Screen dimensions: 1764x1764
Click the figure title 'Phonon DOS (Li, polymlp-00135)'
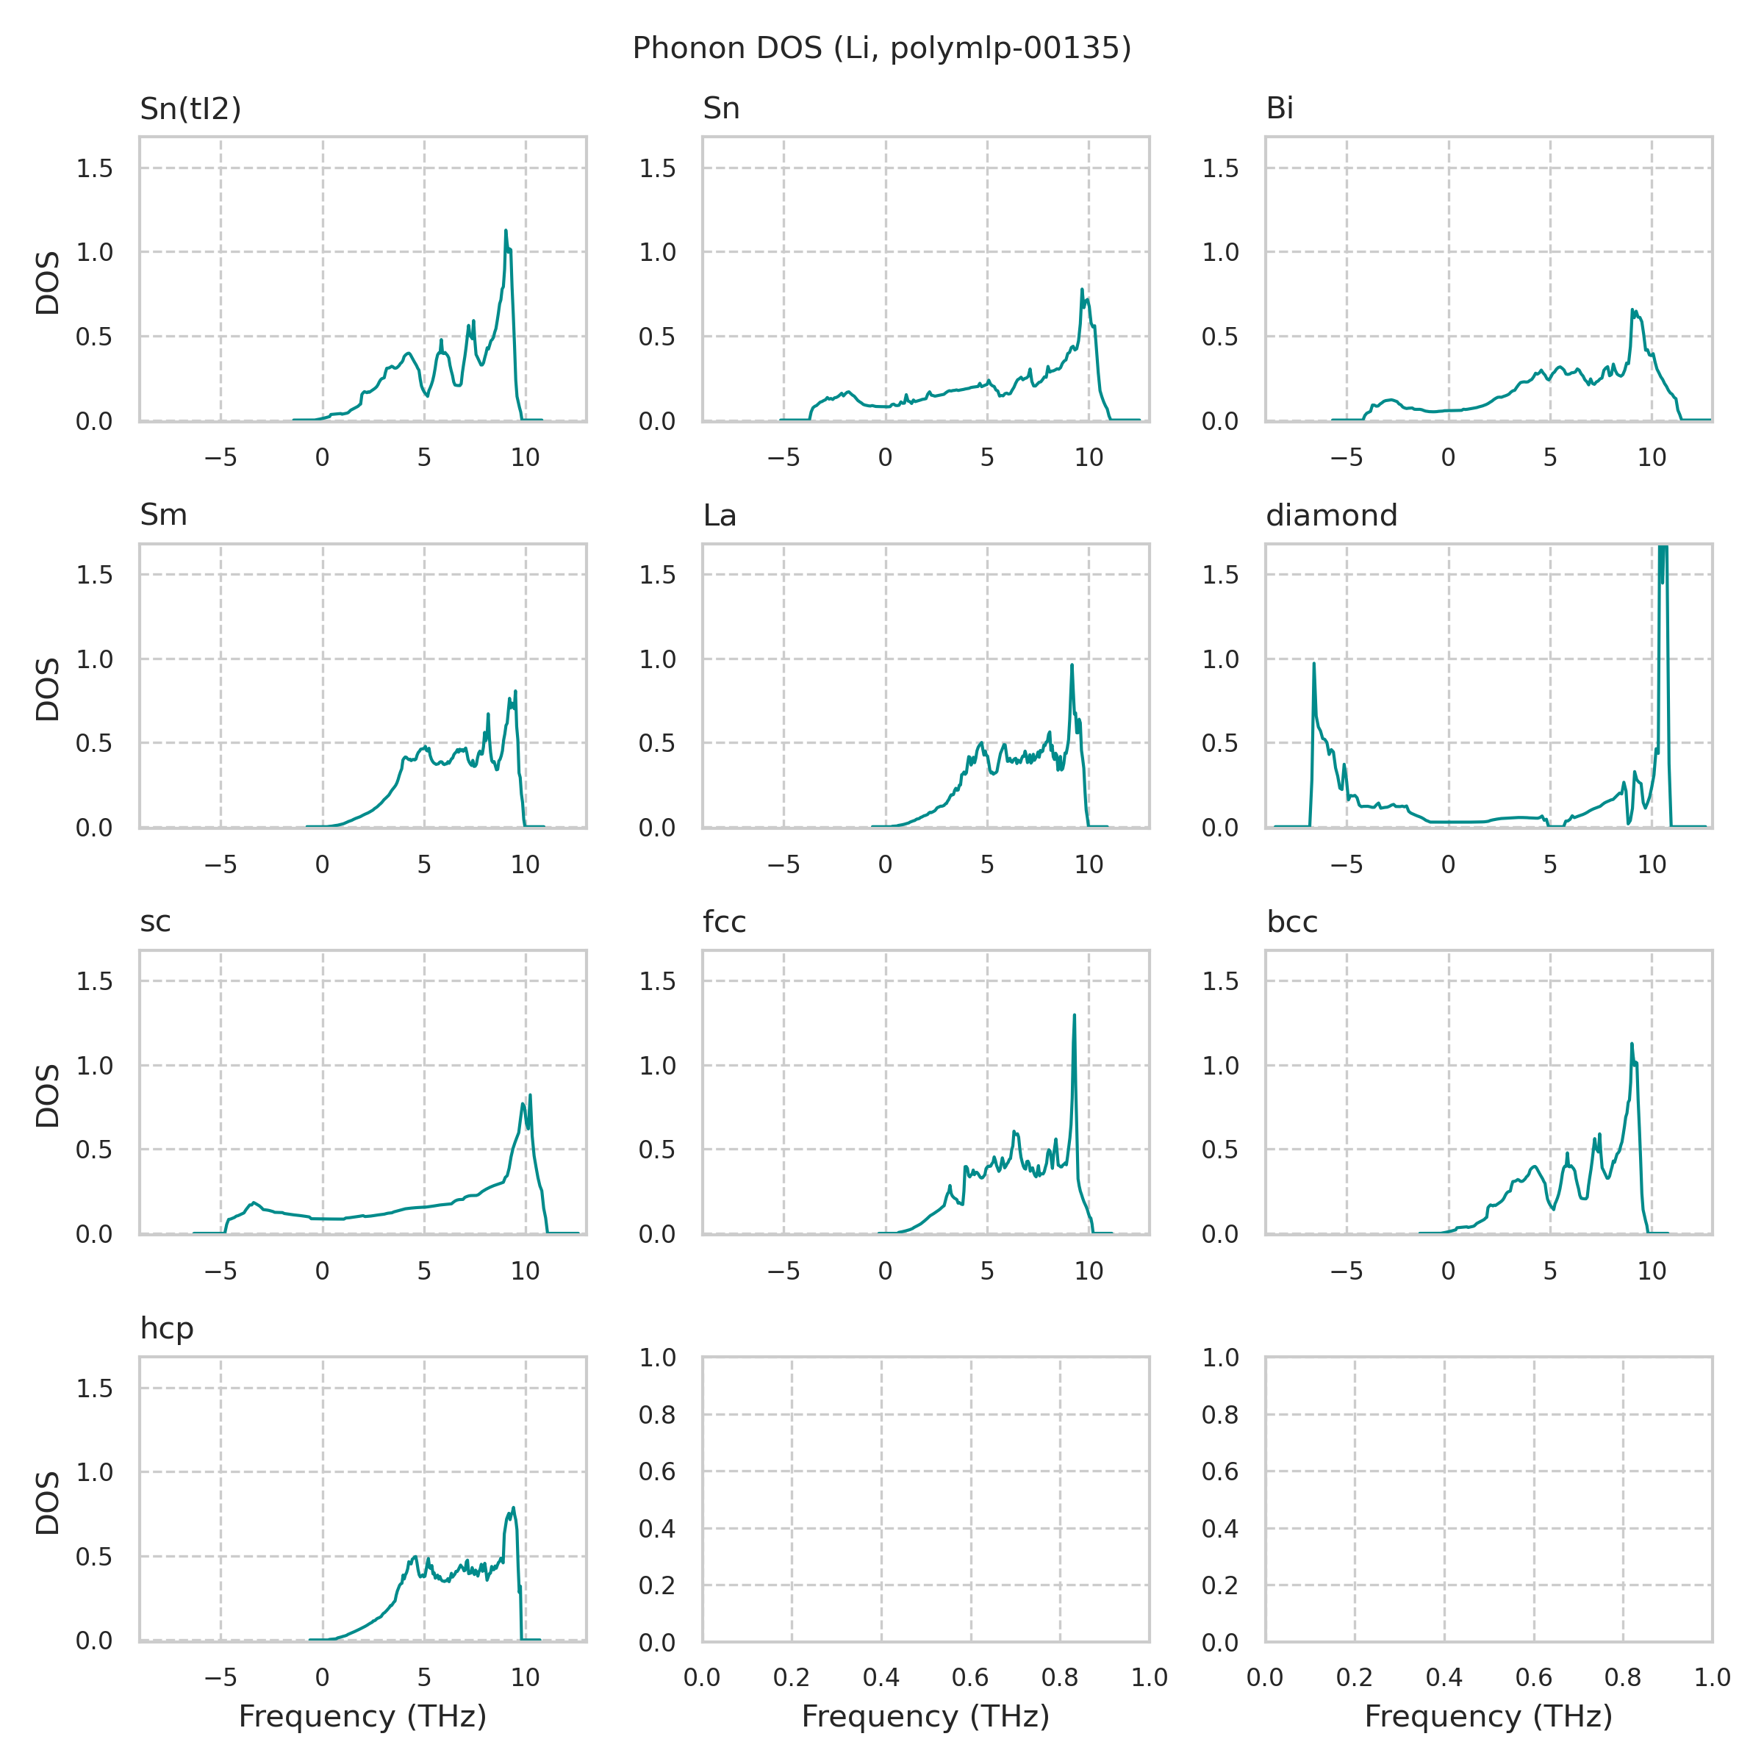(x=881, y=49)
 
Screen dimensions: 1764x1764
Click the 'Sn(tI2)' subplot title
(x=190, y=109)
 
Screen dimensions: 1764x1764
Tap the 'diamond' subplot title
(x=1331, y=516)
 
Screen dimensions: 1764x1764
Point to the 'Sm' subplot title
(x=163, y=516)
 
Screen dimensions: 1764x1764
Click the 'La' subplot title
(x=720, y=516)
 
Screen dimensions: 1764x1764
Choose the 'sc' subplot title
(x=155, y=922)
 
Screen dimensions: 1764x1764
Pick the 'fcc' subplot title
(x=724, y=922)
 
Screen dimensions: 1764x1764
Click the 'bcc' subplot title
(x=1292, y=922)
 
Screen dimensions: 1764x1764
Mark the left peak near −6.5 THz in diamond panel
(x=1314, y=664)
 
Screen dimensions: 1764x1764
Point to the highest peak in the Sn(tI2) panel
(x=505, y=231)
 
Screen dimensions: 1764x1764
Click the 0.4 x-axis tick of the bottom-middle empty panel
(x=881, y=1677)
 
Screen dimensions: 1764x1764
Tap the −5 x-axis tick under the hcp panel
(x=220, y=1677)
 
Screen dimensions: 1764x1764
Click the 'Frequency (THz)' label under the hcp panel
(x=362, y=1718)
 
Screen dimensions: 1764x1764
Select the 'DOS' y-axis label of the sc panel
(x=48, y=1096)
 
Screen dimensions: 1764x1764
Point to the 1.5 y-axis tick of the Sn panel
(x=657, y=168)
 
